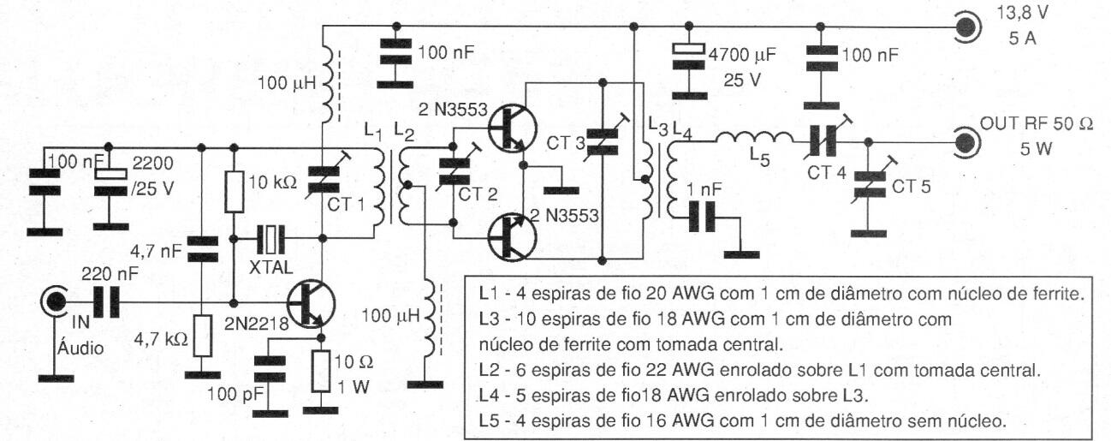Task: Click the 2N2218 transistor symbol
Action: (x=311, y=304)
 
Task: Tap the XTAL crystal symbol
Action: (x=270, y=240)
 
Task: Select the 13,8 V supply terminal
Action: (x=965, y=27)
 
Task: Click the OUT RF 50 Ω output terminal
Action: (x=965, y=143)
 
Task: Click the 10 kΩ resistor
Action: (x=235, y=193)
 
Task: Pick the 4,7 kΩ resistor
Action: (x=202, y=336)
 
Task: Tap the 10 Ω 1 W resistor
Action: (x=321, y=371)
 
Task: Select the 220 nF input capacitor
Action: (x=107, y=301)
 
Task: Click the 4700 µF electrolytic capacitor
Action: (x=688, y=57)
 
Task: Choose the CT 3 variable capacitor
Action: (x=603, y=141)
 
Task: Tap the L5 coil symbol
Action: (x=755, y=138)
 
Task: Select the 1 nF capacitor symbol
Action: (x=703, y=218)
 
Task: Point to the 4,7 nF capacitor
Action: (x=202, y=249)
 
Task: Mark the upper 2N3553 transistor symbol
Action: (x=513, y=128)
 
